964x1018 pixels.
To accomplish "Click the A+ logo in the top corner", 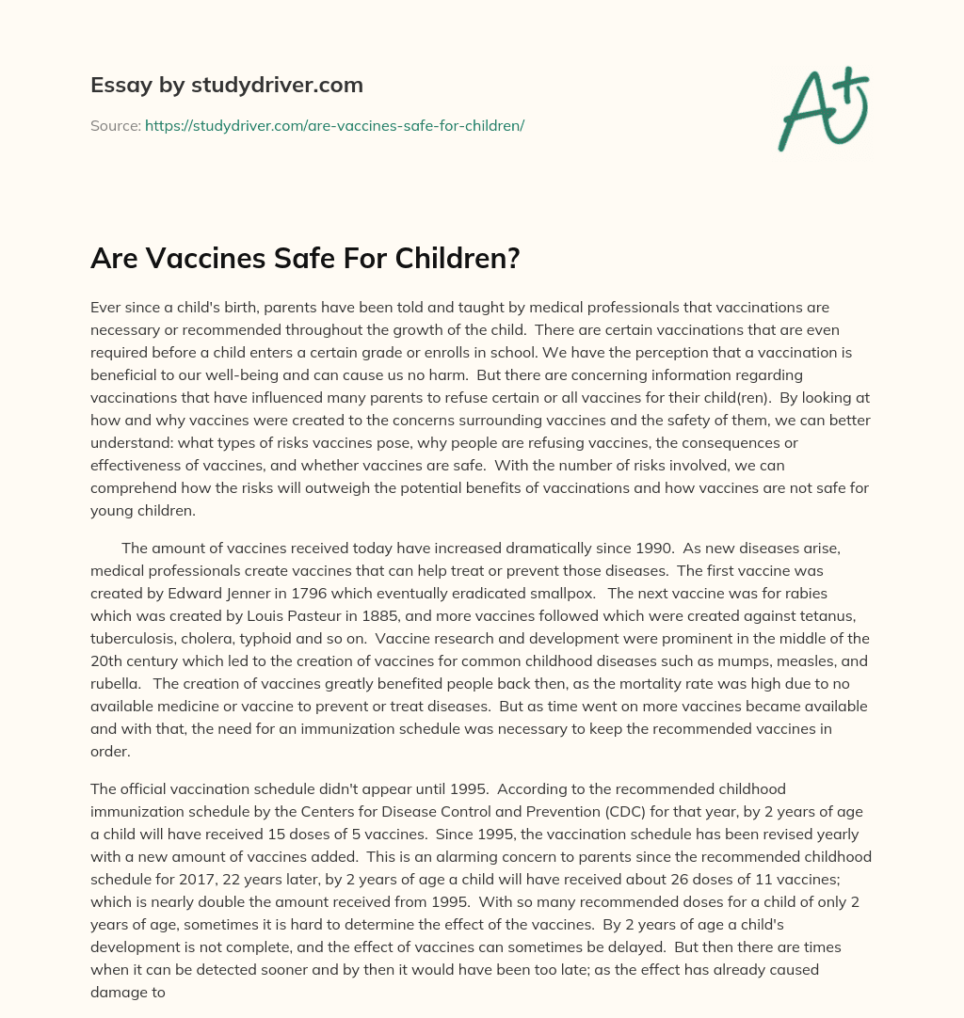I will [823, 108].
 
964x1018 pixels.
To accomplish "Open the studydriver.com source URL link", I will [334, 125].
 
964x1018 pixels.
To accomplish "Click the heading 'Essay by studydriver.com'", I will [226, 85].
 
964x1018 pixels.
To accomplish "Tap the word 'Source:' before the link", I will [116, 125].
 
